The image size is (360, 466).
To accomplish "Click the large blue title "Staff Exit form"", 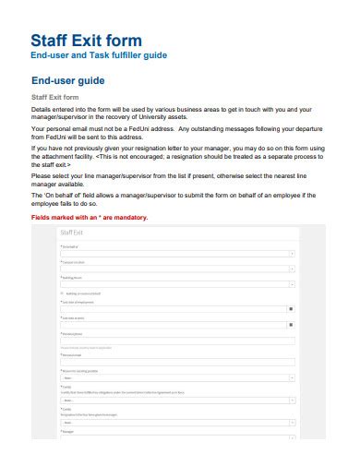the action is click(87, 40).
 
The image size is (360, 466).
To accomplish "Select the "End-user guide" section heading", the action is click(75, 80).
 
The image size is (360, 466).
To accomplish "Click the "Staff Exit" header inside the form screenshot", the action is click(74, 235).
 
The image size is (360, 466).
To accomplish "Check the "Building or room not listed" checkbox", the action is click(62, 293).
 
